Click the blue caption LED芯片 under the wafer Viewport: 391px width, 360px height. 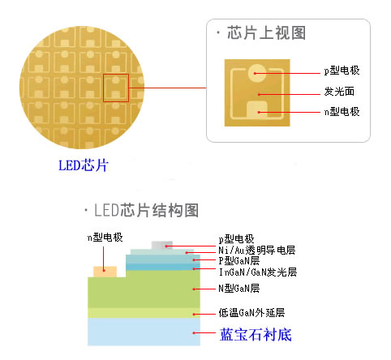84,165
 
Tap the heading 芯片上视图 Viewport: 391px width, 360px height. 266,33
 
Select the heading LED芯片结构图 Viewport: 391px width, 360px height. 146,210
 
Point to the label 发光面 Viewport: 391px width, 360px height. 339,92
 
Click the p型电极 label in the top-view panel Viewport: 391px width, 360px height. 342,71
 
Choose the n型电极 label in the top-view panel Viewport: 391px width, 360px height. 342,111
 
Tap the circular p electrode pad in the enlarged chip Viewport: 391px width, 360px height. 257,73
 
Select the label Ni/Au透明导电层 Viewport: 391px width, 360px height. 256,251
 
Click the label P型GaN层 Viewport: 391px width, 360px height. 239,261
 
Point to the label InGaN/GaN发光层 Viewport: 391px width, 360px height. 258,272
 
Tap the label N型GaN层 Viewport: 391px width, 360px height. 239,289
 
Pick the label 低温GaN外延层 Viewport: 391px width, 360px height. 251,313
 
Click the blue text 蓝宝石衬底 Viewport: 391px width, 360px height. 256,335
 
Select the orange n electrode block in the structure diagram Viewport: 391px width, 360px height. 105,272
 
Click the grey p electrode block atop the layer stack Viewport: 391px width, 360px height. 162,245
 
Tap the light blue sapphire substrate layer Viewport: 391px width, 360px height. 144,332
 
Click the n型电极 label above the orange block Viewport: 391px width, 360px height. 105,238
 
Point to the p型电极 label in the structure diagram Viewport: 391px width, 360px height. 236,239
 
